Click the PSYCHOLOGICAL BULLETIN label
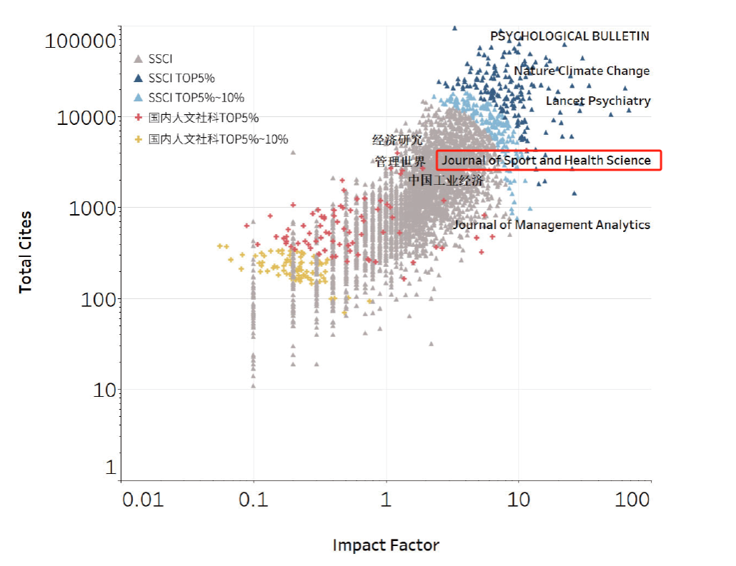(570, 36)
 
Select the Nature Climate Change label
(582, 71)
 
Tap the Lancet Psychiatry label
(598, 101)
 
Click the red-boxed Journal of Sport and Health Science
(547, 161)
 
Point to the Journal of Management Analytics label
(551, 225)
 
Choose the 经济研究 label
(397, 140)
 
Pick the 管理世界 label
(399, 161)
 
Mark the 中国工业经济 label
(446, 180)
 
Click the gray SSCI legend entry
(160, 59)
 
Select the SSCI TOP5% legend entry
(181, 78)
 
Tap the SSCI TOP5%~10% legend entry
(196, 98)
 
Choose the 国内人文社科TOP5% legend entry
(203, 118)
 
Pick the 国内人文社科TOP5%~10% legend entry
(218, 139)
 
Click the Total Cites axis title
(26, 251)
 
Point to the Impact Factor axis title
(386, 545)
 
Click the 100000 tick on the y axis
(80, 40)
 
